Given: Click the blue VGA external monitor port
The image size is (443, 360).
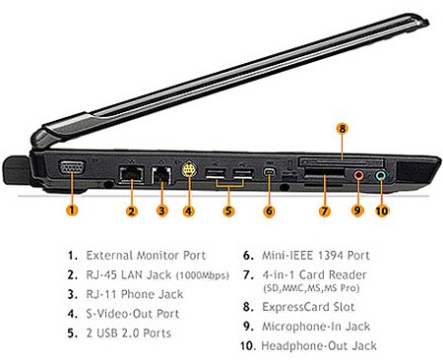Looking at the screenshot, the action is tap(72, 168).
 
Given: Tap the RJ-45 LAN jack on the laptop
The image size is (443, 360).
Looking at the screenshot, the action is tap(131, 173).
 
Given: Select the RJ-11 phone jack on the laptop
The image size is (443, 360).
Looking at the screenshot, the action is tap(161, 174).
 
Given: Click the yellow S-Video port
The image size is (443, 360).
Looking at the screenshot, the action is tap(188, 169).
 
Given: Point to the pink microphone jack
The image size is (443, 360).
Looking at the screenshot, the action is tap(358, 175).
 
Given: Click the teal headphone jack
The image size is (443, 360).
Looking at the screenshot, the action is tap(381, 175).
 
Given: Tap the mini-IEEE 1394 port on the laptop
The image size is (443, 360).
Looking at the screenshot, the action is tap(270, 172).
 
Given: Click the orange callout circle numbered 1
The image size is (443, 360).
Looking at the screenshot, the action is tap(72, 210).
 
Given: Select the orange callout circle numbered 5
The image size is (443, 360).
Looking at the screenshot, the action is tap(228, 210).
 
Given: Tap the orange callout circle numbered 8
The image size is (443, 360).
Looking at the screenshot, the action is tap(343, 129).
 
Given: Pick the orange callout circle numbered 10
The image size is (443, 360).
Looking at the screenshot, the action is tap(382, 210).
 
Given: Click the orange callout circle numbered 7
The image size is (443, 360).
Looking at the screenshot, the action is tap(325, 210).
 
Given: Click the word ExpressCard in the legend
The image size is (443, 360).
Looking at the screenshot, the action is tap(295, 307).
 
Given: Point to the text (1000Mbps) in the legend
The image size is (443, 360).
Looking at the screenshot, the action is tap(203, 275).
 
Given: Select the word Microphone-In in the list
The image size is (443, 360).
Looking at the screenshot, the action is tap(301, 327).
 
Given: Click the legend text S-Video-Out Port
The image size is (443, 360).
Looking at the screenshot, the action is tap(133, 314).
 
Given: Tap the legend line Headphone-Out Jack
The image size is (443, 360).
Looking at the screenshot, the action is tap(319, 346).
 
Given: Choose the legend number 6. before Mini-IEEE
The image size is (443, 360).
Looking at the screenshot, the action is tap(248, 256).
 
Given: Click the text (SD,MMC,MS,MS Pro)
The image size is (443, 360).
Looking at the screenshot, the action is tap(311, 288).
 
